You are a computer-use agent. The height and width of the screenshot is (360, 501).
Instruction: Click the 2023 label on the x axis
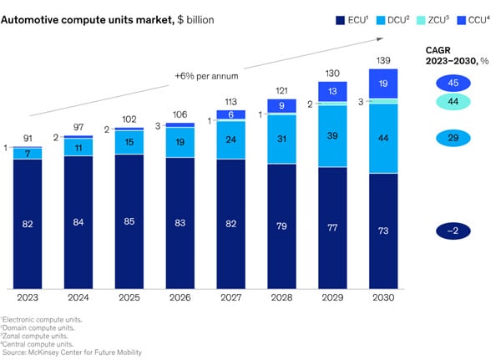[28, 295]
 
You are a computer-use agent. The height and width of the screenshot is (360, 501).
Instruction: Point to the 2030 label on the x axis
[384, 295]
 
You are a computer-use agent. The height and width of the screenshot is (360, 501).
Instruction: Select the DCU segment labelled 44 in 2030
[384, 138]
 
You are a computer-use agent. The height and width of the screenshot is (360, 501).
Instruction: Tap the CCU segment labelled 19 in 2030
[384, 84]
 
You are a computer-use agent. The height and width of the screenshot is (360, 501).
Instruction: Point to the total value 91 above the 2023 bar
[28, 138]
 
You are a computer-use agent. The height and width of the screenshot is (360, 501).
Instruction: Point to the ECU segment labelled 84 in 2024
[79, 221]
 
